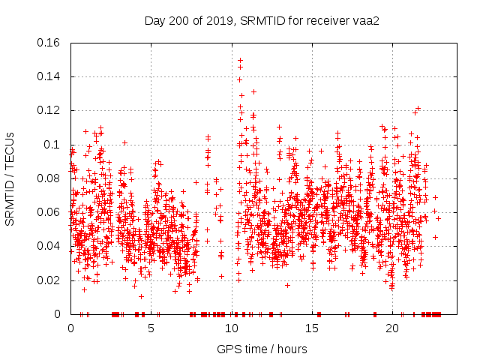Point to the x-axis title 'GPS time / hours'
(x=262, y=349)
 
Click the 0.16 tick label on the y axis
(x=49, y=43)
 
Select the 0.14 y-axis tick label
(x=49, y=76)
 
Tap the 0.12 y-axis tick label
(x=49, y=110)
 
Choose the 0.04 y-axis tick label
(x=49, y=246)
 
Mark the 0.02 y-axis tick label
(x=49, y=280)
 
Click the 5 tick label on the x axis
(x=151, y=328)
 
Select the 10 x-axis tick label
(x=232, y=328)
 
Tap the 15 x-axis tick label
(x=312, y=328)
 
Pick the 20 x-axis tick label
(x=392, y=328)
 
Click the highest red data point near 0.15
(x=240, y=60)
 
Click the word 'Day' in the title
(x=154, y=20)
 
